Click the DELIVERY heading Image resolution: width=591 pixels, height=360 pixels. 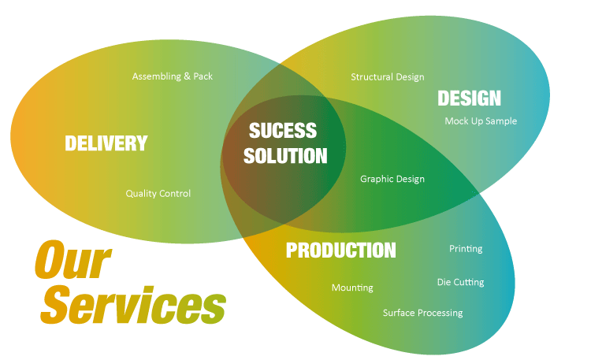(106, 143)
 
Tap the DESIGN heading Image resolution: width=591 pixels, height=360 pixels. (469, 98)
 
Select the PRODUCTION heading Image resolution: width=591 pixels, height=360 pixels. (340, 251)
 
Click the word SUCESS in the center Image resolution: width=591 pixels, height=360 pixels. (283, 130)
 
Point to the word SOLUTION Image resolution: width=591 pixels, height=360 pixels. (284, 155)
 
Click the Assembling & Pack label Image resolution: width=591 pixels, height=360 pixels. (173, 76)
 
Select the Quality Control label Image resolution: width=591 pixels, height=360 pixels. (158, 193)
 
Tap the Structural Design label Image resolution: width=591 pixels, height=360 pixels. (387, 76)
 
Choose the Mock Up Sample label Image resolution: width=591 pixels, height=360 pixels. (481, 121)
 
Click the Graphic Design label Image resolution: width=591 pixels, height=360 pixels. (392, 179)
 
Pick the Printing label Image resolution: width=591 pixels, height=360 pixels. (466, 249)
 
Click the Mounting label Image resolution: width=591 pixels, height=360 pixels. (352, 288)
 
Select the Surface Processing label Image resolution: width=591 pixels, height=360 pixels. (422, 313)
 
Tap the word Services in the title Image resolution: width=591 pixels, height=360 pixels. (134, 302)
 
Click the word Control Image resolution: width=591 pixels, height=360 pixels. (174, 193)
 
